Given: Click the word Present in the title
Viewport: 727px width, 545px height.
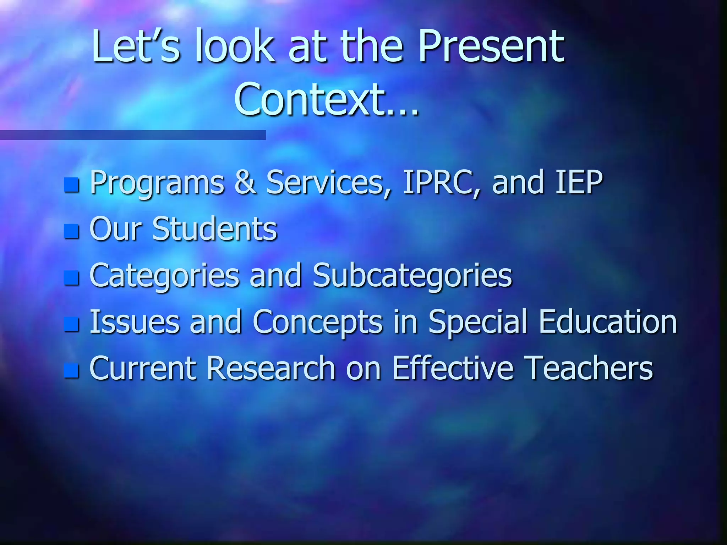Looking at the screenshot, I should tap(491, 46).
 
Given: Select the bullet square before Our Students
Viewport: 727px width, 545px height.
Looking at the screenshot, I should tap(71, 231).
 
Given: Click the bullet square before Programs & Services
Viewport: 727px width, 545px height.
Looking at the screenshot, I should tap(71, 185).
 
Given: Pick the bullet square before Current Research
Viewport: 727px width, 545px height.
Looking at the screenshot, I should tap(71, 370).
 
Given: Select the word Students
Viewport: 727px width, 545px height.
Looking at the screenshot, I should tap(214, 229).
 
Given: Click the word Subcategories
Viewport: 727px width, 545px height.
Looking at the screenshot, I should tap(412, 275).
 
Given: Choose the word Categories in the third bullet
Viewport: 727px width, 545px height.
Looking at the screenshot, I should tap(164, 275).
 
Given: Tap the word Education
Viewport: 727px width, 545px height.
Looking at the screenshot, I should tap(608, 321).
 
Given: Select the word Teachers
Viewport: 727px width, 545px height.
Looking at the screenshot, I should tap(588, 368).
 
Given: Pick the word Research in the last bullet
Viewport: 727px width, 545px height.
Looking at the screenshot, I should tap(271, 368).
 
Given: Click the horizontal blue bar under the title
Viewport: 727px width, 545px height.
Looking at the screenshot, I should tap(133, 135).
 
